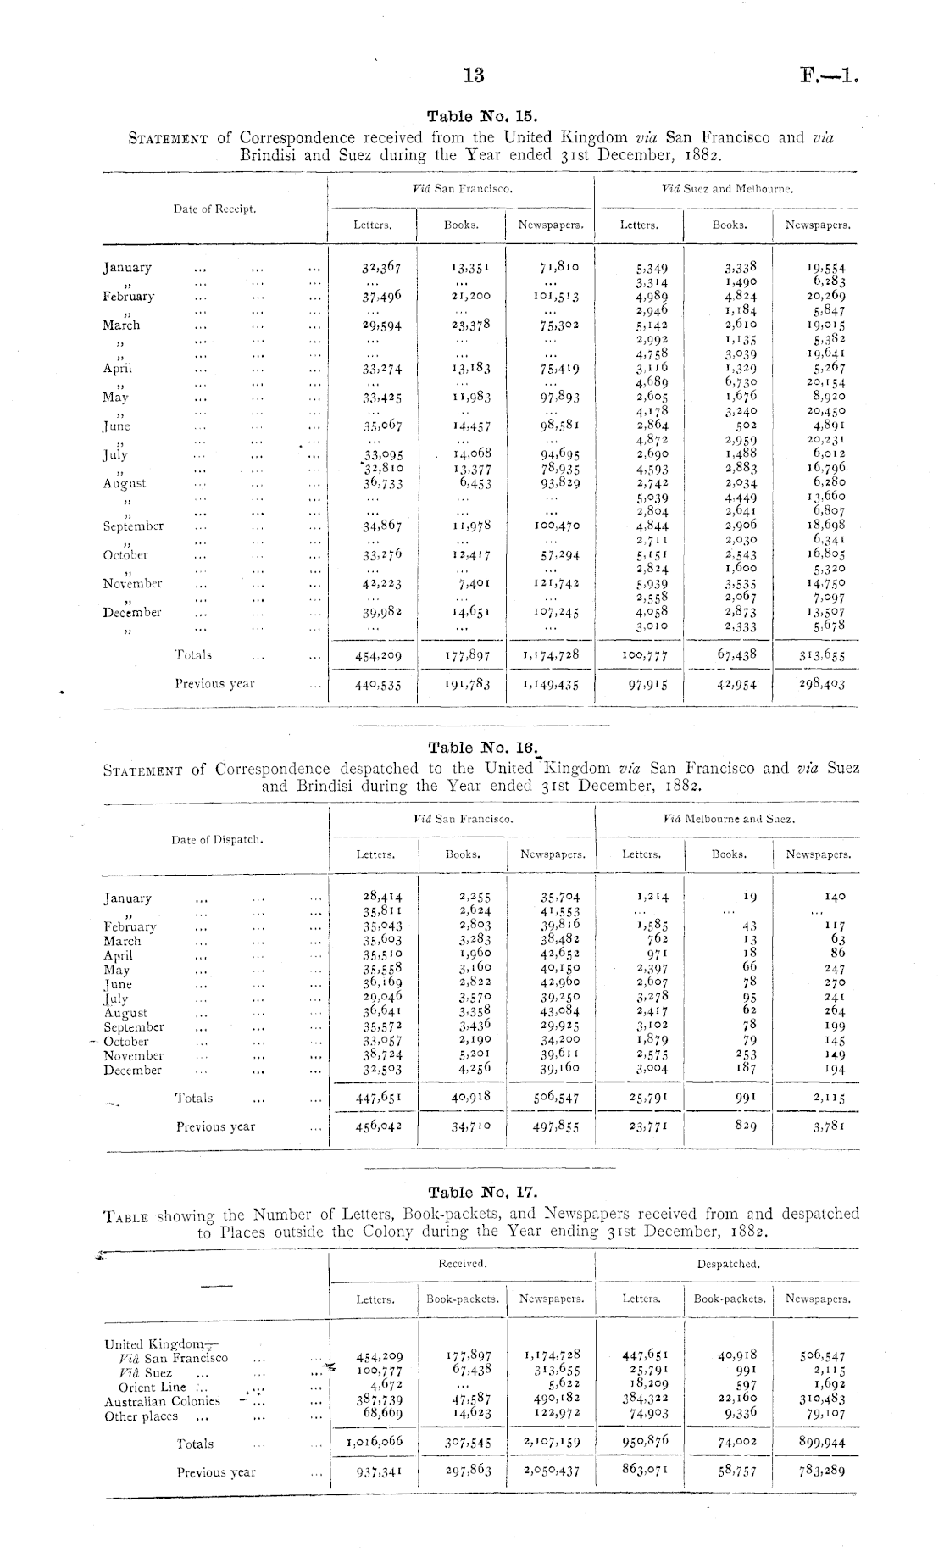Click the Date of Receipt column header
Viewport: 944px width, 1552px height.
(x=214, y=209)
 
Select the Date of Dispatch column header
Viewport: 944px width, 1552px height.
(x=217, y=840)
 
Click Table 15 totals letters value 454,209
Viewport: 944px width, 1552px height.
(x=375, y=655)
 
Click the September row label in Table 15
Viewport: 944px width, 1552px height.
(x=133, y=526)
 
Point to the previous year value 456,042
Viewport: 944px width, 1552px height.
(x=375, y=1126)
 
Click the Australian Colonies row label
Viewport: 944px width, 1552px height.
(x=162, y=1402)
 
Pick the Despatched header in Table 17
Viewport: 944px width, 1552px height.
(x=728, y=1263)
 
